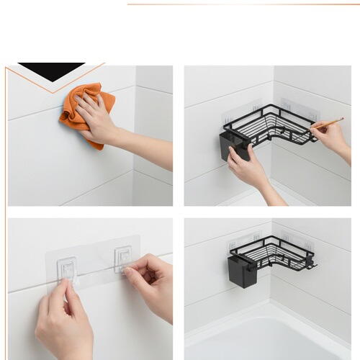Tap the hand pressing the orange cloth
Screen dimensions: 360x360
click(96, 115)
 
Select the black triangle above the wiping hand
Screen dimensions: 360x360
click(50, 71)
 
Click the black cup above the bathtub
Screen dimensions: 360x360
click(243, 271)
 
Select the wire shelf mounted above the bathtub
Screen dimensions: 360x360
click(277, 252)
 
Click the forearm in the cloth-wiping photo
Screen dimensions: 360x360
click(148, 148)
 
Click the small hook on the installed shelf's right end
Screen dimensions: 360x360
click(312, 266)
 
